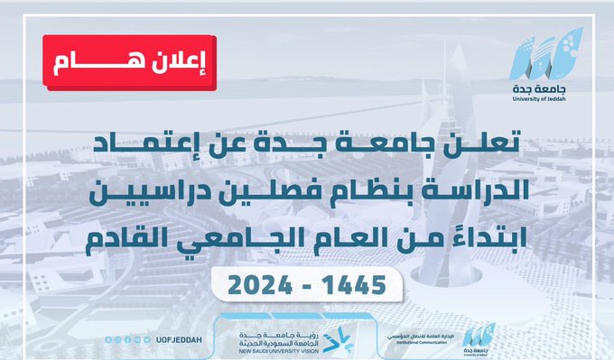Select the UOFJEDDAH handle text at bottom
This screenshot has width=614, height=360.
coord(181,340)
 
